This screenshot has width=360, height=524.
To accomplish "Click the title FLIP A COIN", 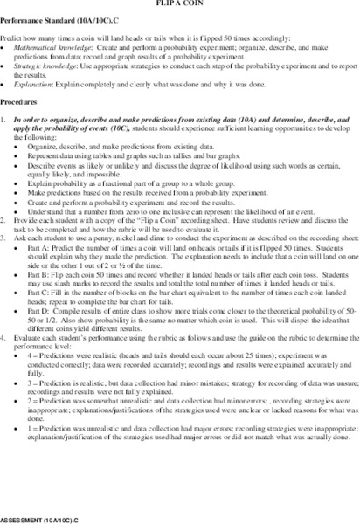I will coord(181,4).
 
